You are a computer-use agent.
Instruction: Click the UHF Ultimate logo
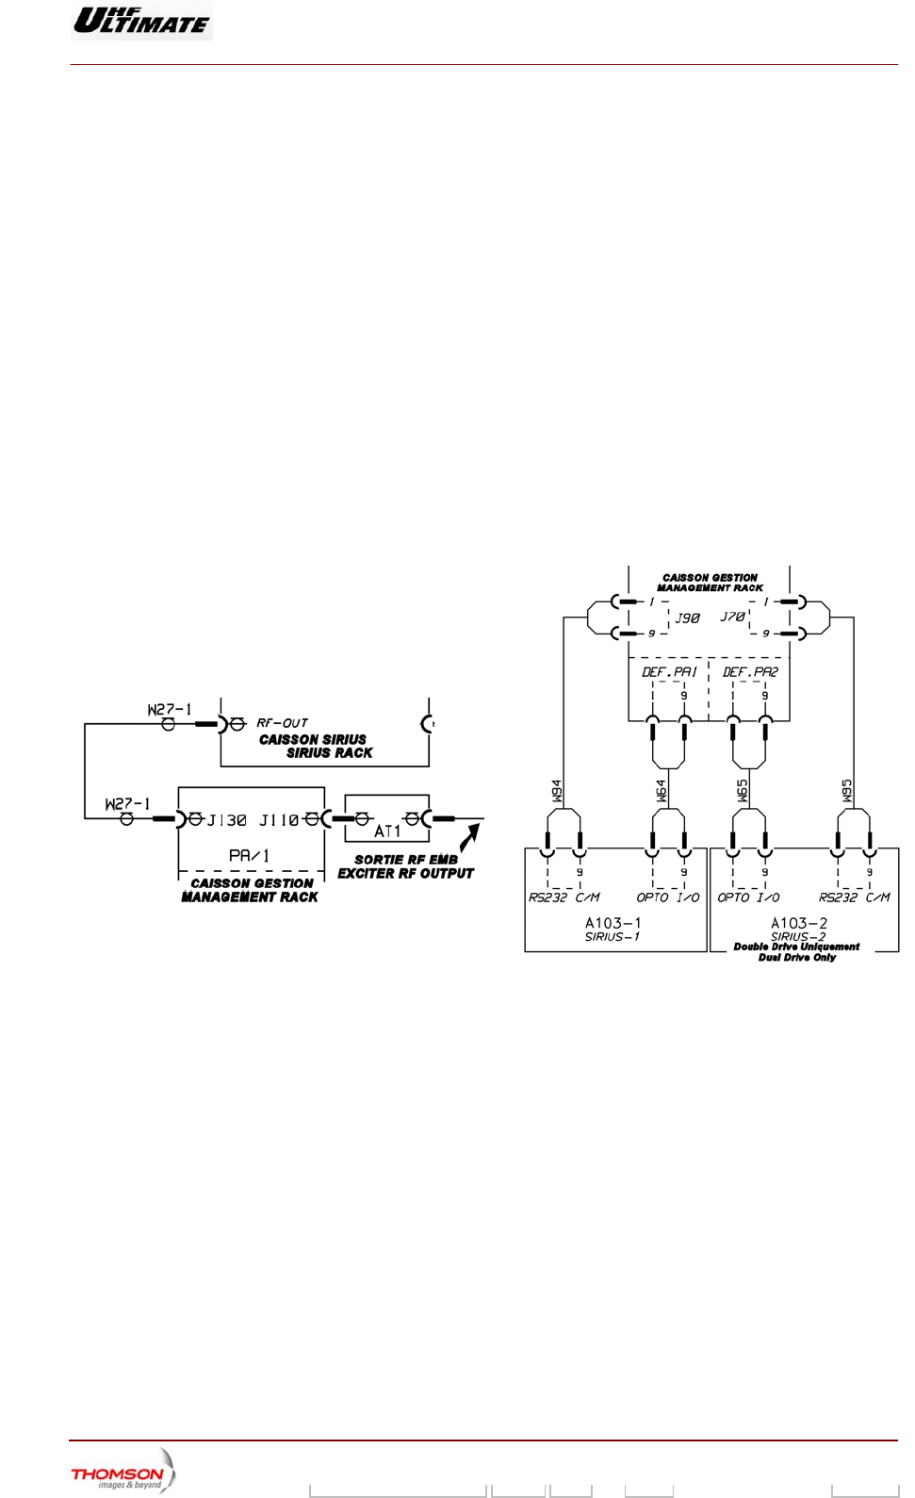(141, 20)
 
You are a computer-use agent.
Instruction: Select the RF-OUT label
(282, 723)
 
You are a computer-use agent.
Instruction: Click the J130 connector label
(226, 820)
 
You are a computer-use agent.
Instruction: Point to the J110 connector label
(279, 820)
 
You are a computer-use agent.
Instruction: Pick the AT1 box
(387, 818)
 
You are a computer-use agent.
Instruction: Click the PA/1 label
(249, 855)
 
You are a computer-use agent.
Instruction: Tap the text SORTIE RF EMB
(405, 860)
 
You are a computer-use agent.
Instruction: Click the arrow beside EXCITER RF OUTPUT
(470, 837)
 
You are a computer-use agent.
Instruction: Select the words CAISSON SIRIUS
(312, 740)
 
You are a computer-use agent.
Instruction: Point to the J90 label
(687, 618)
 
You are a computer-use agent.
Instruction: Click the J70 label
(732, 617)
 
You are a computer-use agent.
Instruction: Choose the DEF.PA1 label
(669, 672)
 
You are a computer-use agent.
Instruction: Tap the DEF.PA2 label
(750, 672)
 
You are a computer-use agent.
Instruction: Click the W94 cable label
(557, 791)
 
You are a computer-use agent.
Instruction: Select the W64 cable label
(661, 791)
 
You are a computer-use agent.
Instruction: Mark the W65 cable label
(742, 791)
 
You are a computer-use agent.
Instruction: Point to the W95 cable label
(846, 791)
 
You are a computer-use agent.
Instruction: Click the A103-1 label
(613, 923)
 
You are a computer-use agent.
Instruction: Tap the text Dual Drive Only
(797, 958)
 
